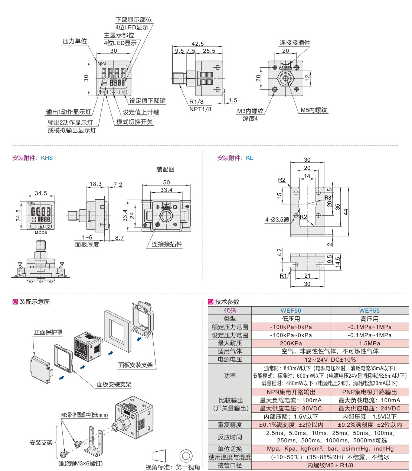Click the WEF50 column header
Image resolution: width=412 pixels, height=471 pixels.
coord(291,310)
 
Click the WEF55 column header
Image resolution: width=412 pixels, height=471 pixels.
coord(369,310)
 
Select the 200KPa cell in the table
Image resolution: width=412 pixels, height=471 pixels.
coord(291,343)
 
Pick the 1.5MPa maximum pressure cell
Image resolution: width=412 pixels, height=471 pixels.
coord(369,343)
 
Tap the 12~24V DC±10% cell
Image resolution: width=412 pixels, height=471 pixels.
coord(330,359)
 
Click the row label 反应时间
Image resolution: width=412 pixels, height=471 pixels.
coord(230,437)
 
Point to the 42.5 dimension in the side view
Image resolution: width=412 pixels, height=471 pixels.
coord(197,44)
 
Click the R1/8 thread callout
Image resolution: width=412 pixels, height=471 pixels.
coord(196,101)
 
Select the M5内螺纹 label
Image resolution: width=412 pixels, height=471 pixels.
coord(314,110)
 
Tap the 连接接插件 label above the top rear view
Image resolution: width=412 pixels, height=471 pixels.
coord(295,43)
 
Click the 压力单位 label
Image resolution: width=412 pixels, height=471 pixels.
coord(75,41)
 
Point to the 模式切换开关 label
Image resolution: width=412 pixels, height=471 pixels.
coord(134,122)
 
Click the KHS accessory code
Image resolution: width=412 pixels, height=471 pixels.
coord(47,158)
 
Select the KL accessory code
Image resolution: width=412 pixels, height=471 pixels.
coord(249,158)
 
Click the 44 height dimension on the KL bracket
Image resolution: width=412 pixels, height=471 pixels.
coord(346,212)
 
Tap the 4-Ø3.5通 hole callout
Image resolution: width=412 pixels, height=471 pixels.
coord(277,220)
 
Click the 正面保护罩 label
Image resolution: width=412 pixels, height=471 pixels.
coord(48,332)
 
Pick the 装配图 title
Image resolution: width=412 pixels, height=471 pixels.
coord(165,170)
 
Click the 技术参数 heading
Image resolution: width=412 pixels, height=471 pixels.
coord(227,302)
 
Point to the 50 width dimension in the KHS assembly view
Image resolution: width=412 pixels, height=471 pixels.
coord(166,183)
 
